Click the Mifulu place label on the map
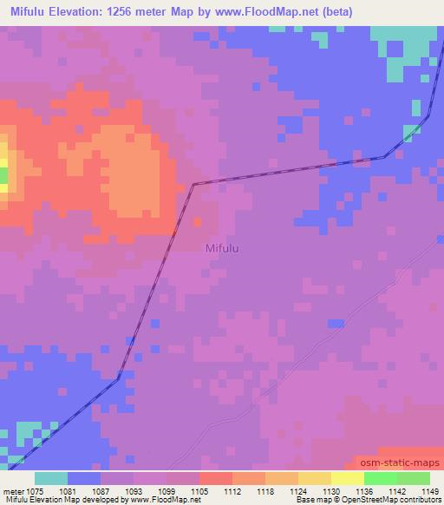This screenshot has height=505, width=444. point(222,249)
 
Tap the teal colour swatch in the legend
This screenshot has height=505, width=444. point(51,478)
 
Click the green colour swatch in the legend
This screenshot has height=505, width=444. point(396,478)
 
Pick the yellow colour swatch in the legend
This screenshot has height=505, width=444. point(347,478)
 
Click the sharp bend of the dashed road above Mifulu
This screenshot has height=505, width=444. point(193,184)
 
